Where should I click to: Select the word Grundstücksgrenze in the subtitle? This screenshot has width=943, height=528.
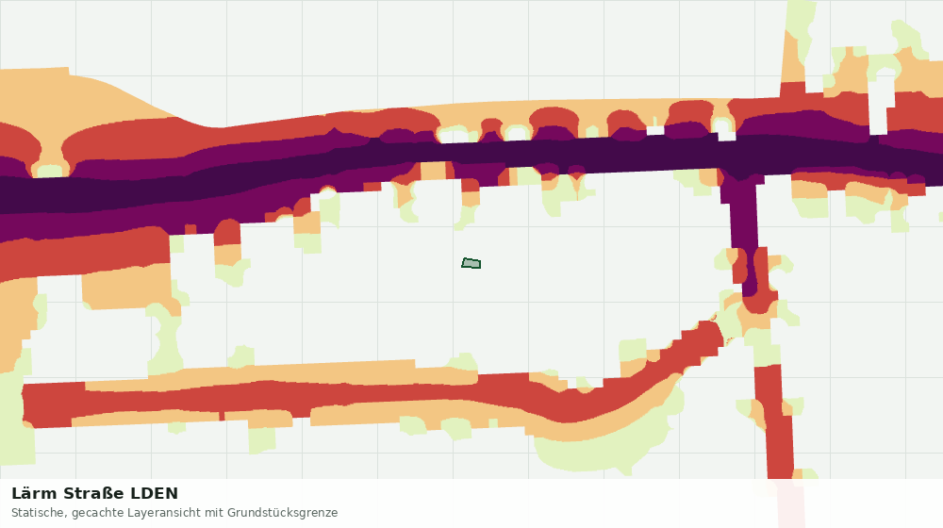click(283, 513)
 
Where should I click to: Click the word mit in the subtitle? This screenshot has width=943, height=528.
click(213, 513)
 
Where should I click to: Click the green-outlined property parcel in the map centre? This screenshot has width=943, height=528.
click(471, 263)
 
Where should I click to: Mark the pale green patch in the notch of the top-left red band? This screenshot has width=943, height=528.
click(50, 171)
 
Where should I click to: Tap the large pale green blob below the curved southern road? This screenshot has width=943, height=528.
click(602, 448)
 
